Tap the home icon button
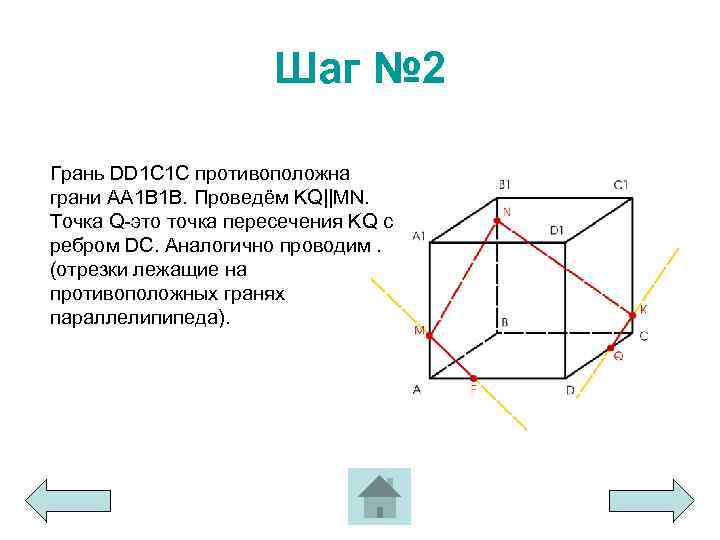[x=379, y=496]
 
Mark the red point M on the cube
[x=430, y=336]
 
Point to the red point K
[x=632, y=316]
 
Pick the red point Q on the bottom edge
[x=611, y=347]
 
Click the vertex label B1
[x=505, y=184]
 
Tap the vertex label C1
[x=621, y=184]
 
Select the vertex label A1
[x=419, y=235]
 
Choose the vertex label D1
[x=557, y=230]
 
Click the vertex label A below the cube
[x=416, y=390]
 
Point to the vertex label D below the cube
[x=570, y=390]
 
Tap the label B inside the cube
[x=505, y=321]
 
